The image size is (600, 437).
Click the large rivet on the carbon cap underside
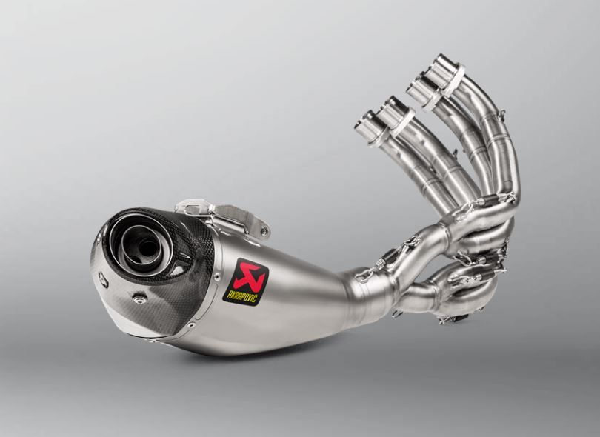coord(139,298)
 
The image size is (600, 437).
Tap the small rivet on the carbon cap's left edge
coord(103,281)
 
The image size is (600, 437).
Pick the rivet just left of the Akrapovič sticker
coord(217,276)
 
